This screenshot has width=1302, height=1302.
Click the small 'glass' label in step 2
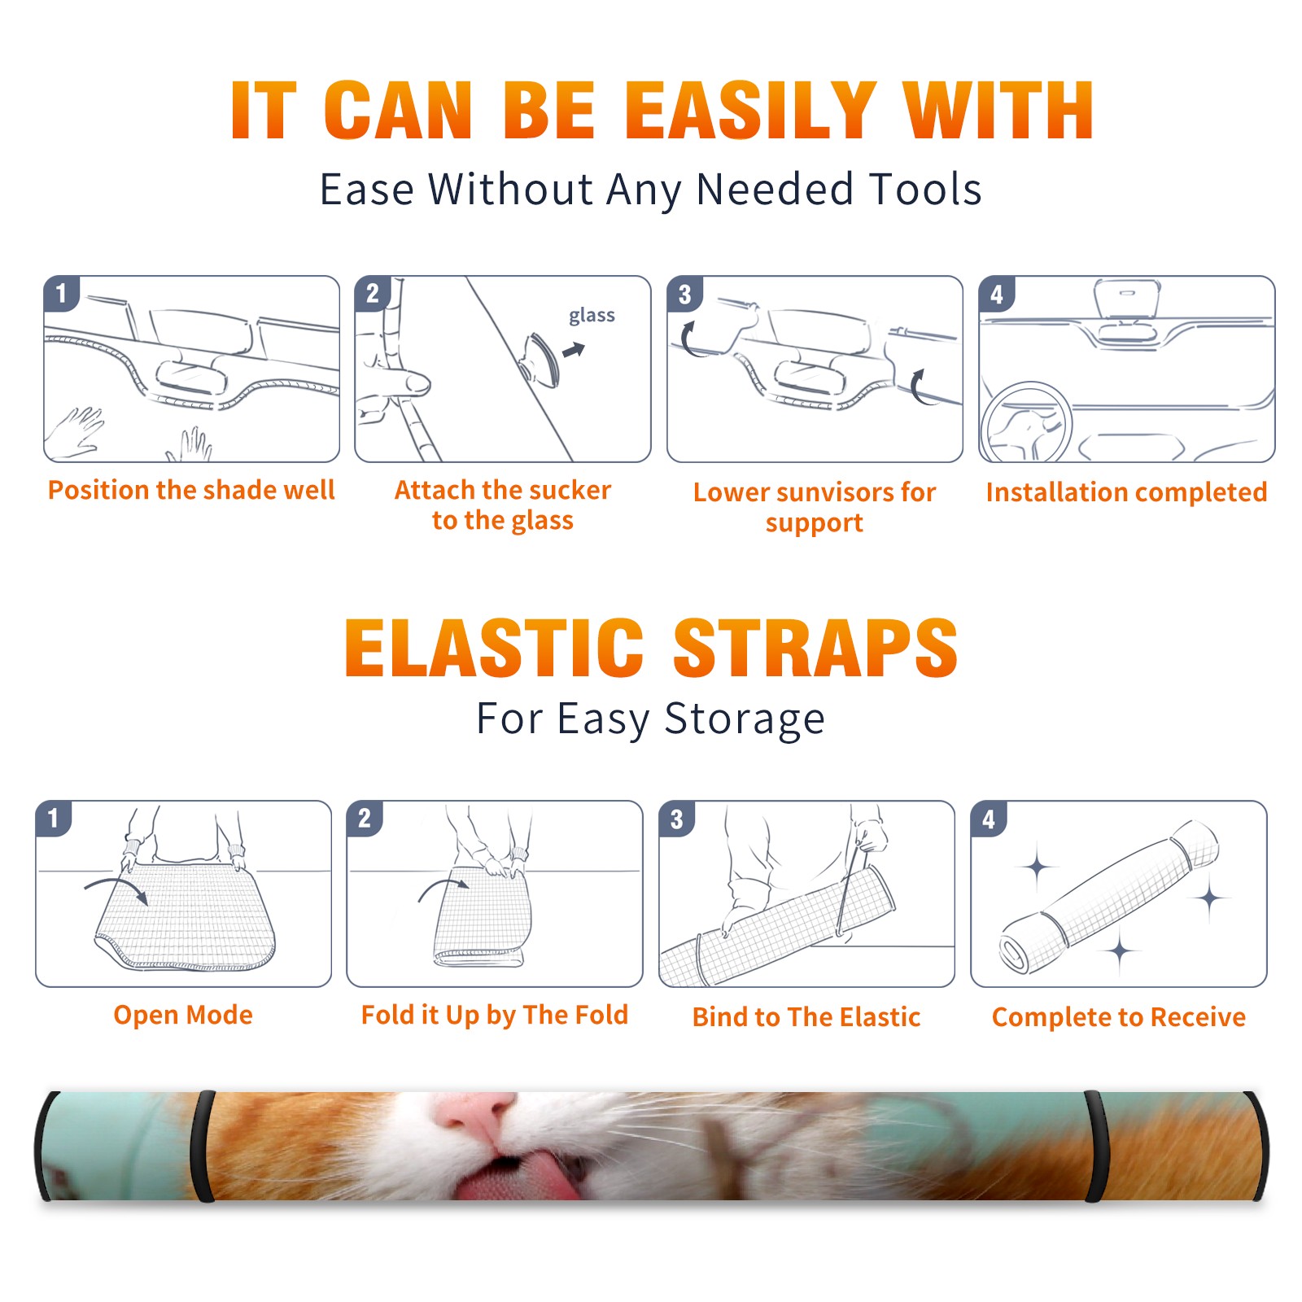tap(592, 315)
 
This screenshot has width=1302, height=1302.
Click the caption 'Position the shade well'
tap(191, 490)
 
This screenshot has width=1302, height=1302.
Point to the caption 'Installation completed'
tap(1126, 492)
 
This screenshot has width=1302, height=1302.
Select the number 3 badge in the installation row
tap(684, 295)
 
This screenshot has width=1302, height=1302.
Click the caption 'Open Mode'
tap(183, 1015)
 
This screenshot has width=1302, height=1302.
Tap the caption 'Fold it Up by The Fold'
tap(495, 1016)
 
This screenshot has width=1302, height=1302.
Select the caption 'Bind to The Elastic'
tap(806, 1017)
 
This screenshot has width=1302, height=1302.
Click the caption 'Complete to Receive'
tap(1119, 1017)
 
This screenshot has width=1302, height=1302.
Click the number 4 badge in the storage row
tap(989, 819)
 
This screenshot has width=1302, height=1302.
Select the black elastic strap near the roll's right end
tap(1096, 1146)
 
